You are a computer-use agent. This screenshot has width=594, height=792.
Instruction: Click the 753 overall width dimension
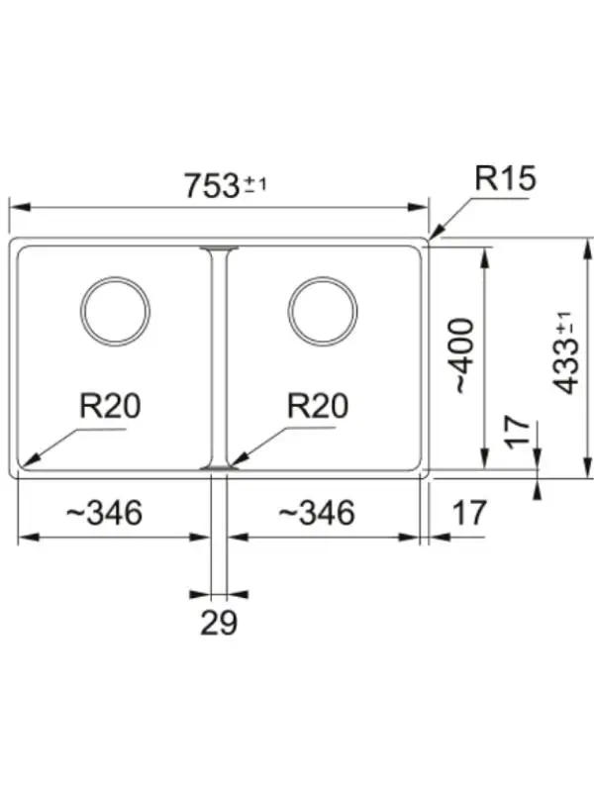click(211, 185)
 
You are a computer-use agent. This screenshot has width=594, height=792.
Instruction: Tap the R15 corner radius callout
click(505, 178)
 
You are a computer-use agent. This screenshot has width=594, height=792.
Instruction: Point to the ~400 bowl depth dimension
click(463, 355)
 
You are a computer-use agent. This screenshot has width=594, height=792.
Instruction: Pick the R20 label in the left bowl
click(110, 406)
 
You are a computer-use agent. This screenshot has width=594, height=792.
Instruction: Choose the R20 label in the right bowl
click(318, 406)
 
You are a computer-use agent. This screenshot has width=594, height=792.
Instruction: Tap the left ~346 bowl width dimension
click(105, 512)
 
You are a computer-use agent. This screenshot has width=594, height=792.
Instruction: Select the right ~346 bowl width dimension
click(317, 512)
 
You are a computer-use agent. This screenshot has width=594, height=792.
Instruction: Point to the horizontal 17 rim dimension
click(469, 512)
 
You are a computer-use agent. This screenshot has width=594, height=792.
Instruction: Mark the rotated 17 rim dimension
click(519, 433)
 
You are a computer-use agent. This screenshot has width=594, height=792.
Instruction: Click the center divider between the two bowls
click(219, 358)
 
